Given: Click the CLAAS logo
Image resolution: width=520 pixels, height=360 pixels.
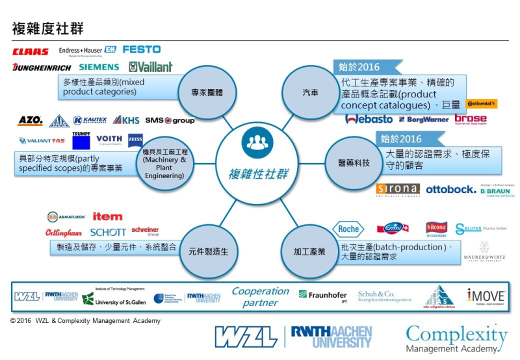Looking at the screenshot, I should [x=30, y=51].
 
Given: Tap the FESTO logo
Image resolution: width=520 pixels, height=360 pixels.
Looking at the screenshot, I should [x=141, y=49].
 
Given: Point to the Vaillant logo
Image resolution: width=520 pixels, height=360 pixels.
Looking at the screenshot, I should [x=151, y=67].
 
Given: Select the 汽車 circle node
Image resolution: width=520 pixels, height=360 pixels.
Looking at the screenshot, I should [x=311, y=93].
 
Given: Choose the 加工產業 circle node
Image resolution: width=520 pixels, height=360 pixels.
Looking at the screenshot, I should [x=309, y=251].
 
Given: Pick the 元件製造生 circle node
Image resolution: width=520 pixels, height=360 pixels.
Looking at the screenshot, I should [x=208, y=251].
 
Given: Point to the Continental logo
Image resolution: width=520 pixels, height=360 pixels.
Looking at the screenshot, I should [x=482, y=104].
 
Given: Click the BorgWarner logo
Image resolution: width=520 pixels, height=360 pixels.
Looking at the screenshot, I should [x=424, y=120].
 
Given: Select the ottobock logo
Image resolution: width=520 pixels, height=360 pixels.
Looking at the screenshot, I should [x=450, y=190].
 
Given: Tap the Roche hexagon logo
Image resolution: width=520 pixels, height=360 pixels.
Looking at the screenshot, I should [x=348, y=229].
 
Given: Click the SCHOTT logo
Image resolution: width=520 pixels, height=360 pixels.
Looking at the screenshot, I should [x=107, y=232].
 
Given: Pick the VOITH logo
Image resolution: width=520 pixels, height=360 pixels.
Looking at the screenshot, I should [x=109, y=138].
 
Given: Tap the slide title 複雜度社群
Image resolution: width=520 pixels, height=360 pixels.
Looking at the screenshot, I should [x=47, y=28].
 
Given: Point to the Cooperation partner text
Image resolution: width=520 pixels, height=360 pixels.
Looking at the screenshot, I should [x=260, y=297].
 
